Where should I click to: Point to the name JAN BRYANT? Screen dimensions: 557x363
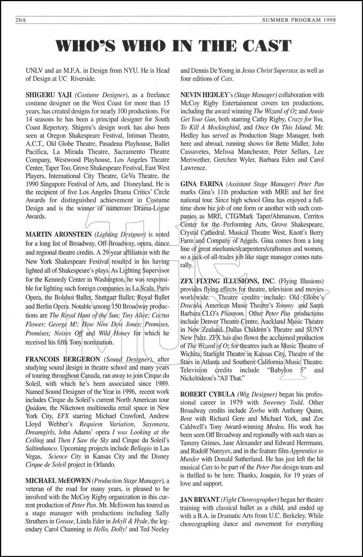pyautogui.click(x=199, y=500)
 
